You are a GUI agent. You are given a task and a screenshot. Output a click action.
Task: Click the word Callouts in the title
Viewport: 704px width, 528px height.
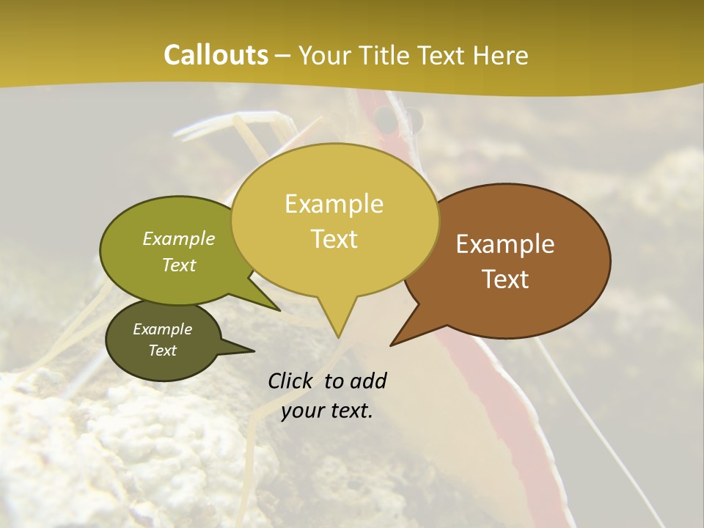click(x=216, y=55)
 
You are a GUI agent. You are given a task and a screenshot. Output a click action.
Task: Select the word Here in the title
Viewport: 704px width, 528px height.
click(x=501, y=55)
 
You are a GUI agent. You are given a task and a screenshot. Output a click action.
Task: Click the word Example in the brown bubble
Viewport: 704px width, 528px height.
click(x=505, y=244)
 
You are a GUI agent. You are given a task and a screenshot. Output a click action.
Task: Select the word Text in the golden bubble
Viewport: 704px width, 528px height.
click(x=334, y=239)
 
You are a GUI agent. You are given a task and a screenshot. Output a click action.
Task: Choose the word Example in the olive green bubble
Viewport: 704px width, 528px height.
click(x=179, y=238)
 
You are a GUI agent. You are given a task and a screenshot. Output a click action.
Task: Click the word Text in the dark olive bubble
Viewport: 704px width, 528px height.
click(x=163, y=351)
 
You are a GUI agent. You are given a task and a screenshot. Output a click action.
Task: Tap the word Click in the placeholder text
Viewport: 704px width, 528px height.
click(x=290, y=381)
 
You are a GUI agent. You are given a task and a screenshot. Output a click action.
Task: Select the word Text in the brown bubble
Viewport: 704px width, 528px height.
click(x=506, y=279)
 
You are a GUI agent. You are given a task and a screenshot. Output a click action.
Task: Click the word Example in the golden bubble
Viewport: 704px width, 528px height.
click(x=334, y=203)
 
